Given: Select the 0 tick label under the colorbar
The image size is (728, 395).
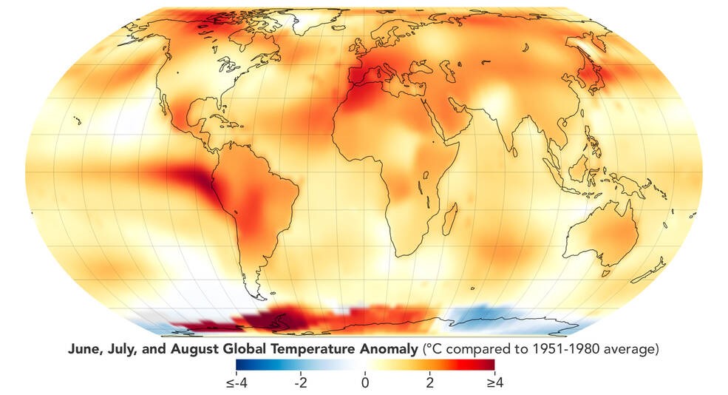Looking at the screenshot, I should pos(364,383).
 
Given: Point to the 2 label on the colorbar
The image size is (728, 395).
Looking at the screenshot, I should pos(429,383).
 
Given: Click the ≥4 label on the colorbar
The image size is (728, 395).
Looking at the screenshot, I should pos(491,383).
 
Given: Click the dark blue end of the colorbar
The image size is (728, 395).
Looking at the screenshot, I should pos(239,364).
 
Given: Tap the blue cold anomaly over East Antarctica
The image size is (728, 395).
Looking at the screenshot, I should pos(488,318).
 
